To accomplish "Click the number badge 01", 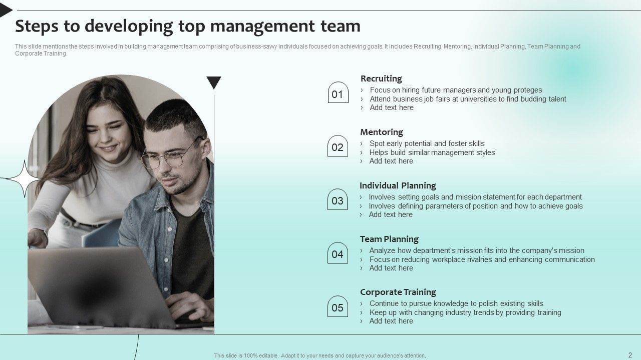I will (338, 93).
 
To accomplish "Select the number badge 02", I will (338, 147).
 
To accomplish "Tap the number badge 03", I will (338, 200).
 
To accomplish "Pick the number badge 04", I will (338, 254).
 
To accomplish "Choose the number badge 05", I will (338, 307).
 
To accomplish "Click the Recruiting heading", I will (381, 78).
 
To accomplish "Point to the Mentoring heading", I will (382, 132).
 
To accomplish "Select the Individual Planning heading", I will (398, 185).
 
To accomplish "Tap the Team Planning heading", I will (389, 239).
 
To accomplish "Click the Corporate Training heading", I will (398, 292).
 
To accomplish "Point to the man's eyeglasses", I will (170, 156).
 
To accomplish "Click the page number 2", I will (630, 355).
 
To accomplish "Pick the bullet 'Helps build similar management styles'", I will (432, 152).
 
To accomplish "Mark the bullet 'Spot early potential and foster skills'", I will (427, 143).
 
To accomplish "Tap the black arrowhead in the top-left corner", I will (5, 9).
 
